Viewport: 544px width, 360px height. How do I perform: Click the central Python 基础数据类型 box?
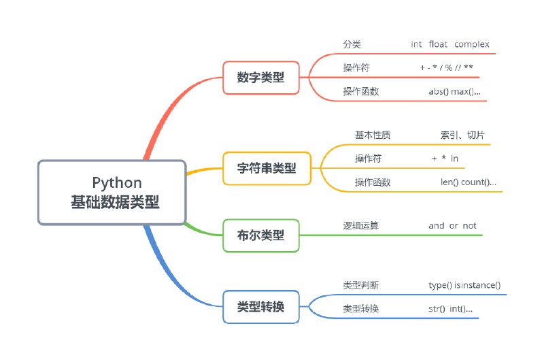pos(112,193)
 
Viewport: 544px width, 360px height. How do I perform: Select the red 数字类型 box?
pos(260,78)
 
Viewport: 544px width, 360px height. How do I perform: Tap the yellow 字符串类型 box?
pos(267,167)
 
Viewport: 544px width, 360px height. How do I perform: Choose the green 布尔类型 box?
pos(260,235)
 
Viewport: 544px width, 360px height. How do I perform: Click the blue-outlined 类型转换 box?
pos(260,307)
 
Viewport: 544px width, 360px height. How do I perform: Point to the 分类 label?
pos(352,44)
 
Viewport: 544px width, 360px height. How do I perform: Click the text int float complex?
pos(449,44)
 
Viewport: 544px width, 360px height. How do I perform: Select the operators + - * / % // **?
pos(447,67)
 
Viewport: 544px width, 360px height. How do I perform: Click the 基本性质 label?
pos(373,135)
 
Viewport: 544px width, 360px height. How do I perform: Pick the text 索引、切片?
pos(462,135)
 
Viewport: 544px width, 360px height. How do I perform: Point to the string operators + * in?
pos(445,158)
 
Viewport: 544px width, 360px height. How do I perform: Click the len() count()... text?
pos(468,182)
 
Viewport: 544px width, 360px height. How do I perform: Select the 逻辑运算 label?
pos(361,225)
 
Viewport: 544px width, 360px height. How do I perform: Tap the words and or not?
pos(452,225)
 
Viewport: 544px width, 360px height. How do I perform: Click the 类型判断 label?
pos(361,285)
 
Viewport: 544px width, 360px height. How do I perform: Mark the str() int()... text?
pos(445,309)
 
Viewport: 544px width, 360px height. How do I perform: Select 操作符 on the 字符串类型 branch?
pos(368,158)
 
